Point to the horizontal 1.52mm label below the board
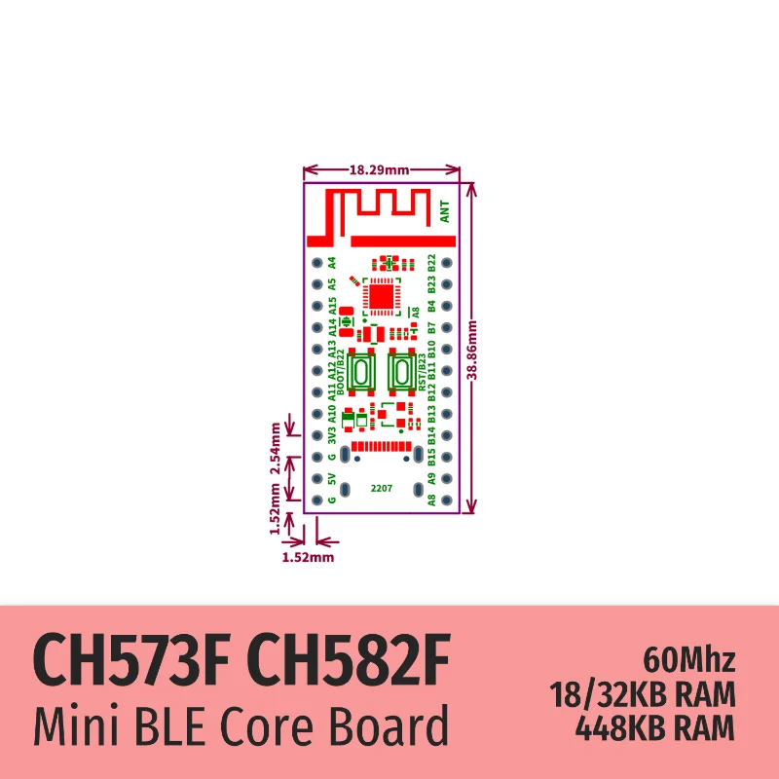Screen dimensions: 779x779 click(x=307, y=558)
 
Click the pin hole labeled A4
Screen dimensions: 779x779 click(x=316, y=263)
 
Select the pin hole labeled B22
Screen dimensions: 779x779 click(x=446, y=263)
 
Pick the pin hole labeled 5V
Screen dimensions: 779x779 click(x=316, y=478)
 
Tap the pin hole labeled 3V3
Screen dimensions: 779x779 click(x=316, y=435)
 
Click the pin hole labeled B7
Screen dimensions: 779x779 click(x=446, y=327)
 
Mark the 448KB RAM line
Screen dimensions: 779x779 click(x=656, y=726)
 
